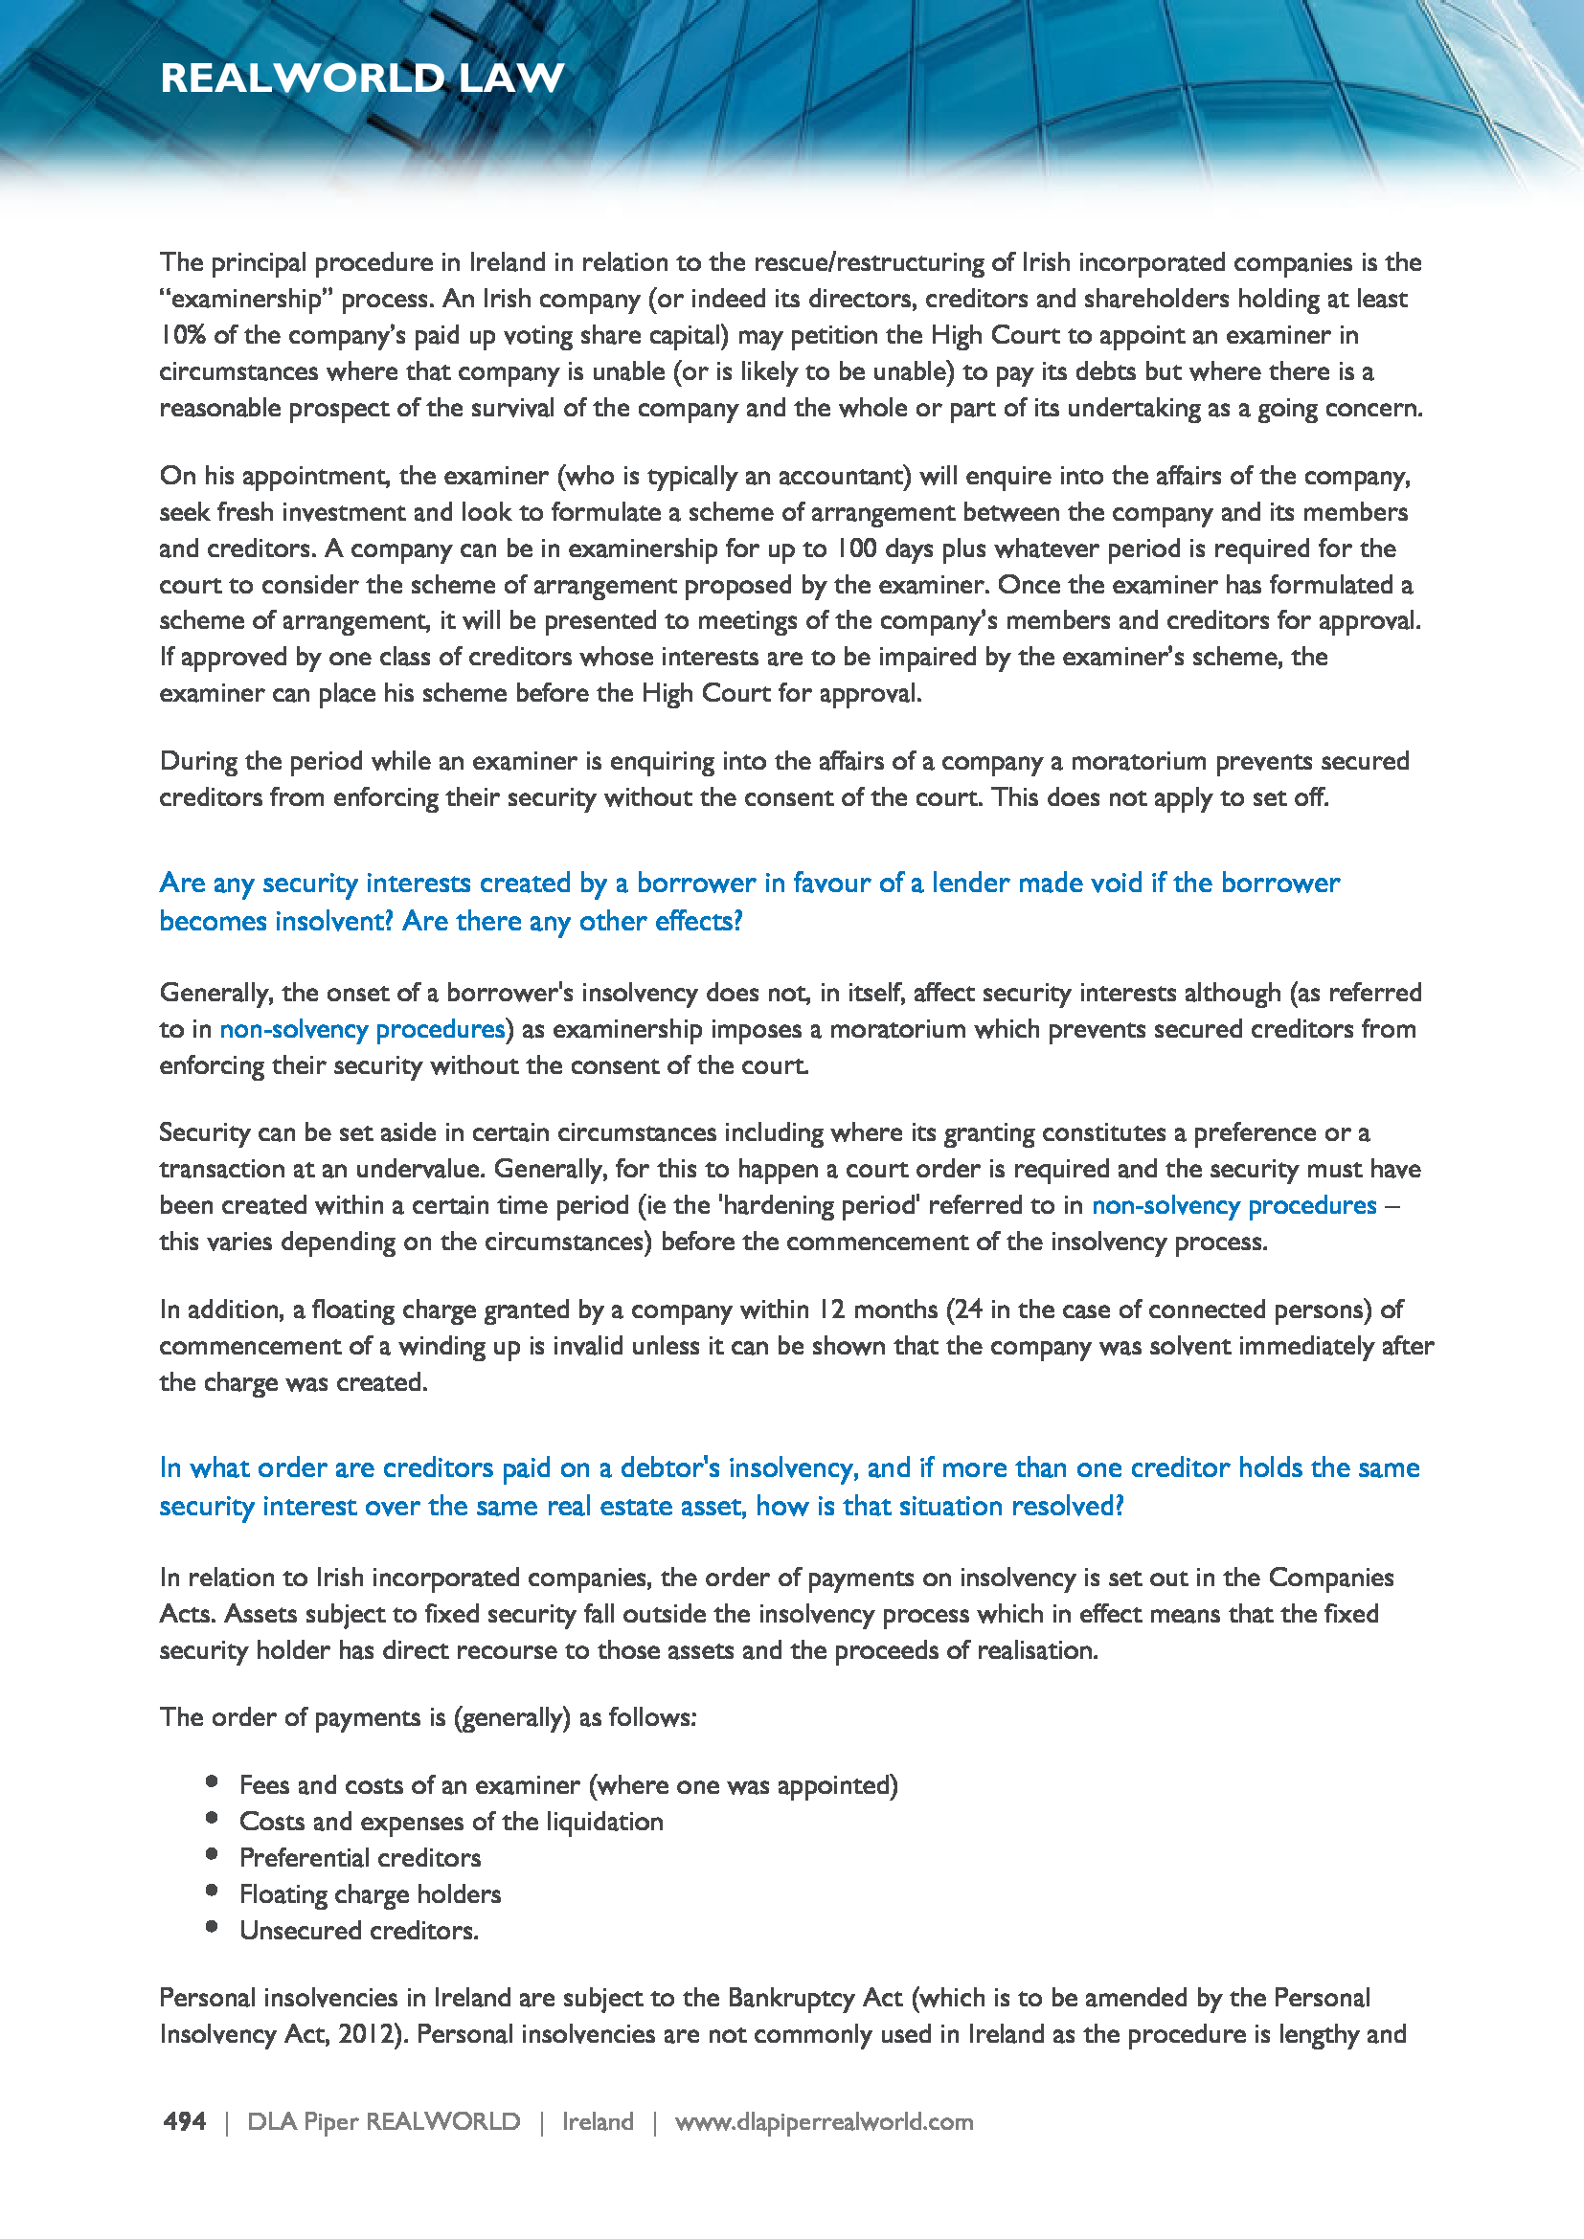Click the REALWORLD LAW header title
[x=362, y=78]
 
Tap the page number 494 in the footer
[x=184, y=2122]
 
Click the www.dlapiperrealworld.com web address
[x=824, y=2122]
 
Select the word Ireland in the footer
[x=597, y=2122]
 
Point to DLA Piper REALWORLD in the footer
[x=383, y=2122]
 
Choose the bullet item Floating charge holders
[x=370, y=1893]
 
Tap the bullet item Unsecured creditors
[x=359, y=1931]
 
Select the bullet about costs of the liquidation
[x=451, y=1822]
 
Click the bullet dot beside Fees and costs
[x=212, y=1781]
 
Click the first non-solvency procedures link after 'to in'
[x=362, y=1030]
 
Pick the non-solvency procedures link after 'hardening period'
[x=1233, y=1206]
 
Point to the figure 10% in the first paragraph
[x=182, y=335]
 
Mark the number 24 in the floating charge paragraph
[x=967, y=1310]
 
